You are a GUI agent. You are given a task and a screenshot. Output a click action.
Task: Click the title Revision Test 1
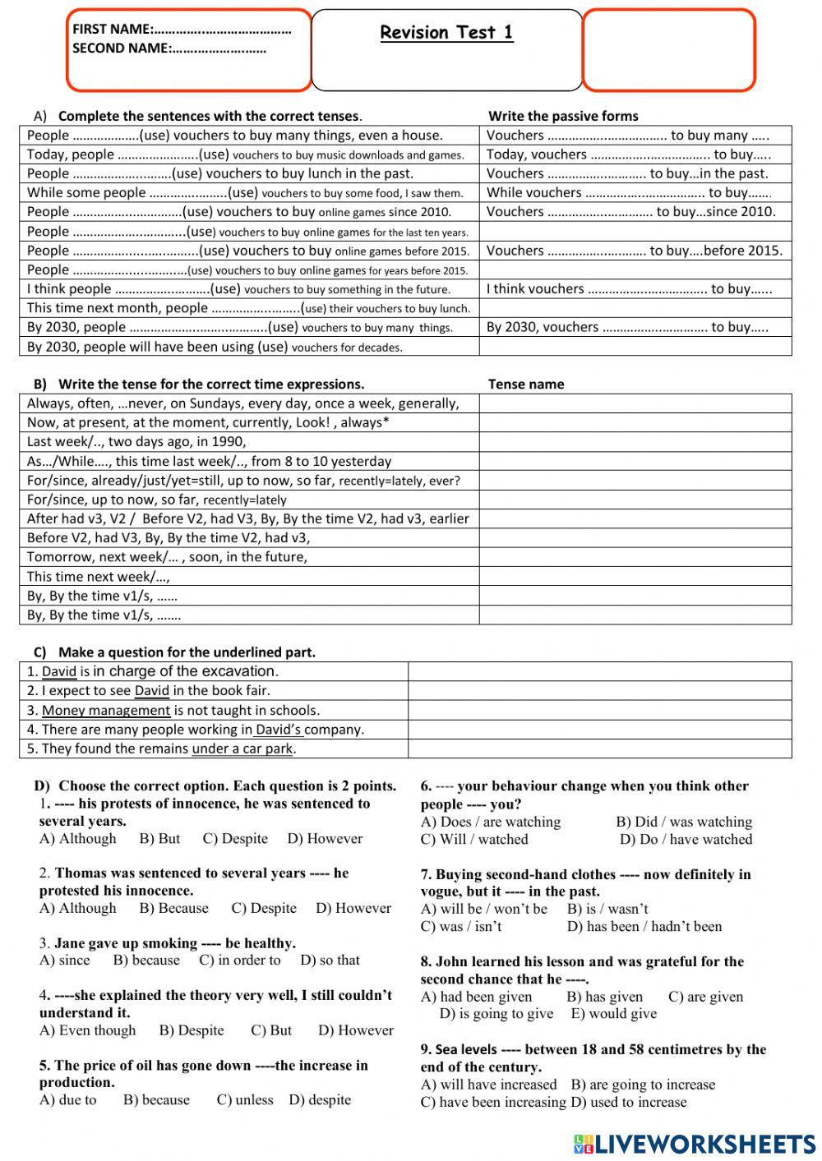[446, 33]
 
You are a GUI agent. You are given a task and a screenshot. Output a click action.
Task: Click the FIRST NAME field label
[112, 29]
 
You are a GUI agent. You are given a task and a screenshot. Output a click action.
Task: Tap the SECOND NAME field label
[121, 48]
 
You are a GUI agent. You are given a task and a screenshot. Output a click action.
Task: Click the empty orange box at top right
[668, 49]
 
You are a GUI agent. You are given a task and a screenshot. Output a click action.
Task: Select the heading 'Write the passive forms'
[563, 116]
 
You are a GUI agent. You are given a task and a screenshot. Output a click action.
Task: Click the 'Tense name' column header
[526, 384]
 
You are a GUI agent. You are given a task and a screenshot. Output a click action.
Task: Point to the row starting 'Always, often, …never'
[242, 403]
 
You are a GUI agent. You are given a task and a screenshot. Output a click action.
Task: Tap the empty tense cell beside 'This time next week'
[635, 576]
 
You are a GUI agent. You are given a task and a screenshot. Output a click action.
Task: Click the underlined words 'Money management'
[106, 710]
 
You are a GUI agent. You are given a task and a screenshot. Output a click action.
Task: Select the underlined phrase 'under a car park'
[242, 749]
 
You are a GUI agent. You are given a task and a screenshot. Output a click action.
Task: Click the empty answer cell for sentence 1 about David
[599, 671]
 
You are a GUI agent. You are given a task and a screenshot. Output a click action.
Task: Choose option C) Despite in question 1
[235, 839]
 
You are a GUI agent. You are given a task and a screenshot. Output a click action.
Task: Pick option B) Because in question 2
[173, 908]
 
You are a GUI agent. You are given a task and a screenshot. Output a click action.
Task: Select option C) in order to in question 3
[239, 960]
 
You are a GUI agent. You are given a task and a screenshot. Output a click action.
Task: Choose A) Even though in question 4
[87, 1030]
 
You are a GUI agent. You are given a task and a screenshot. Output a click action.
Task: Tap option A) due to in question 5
[67, 1100]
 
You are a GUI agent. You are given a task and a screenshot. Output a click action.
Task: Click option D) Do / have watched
[686, 840]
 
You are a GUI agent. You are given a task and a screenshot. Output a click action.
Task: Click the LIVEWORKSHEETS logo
[695, 1143]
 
